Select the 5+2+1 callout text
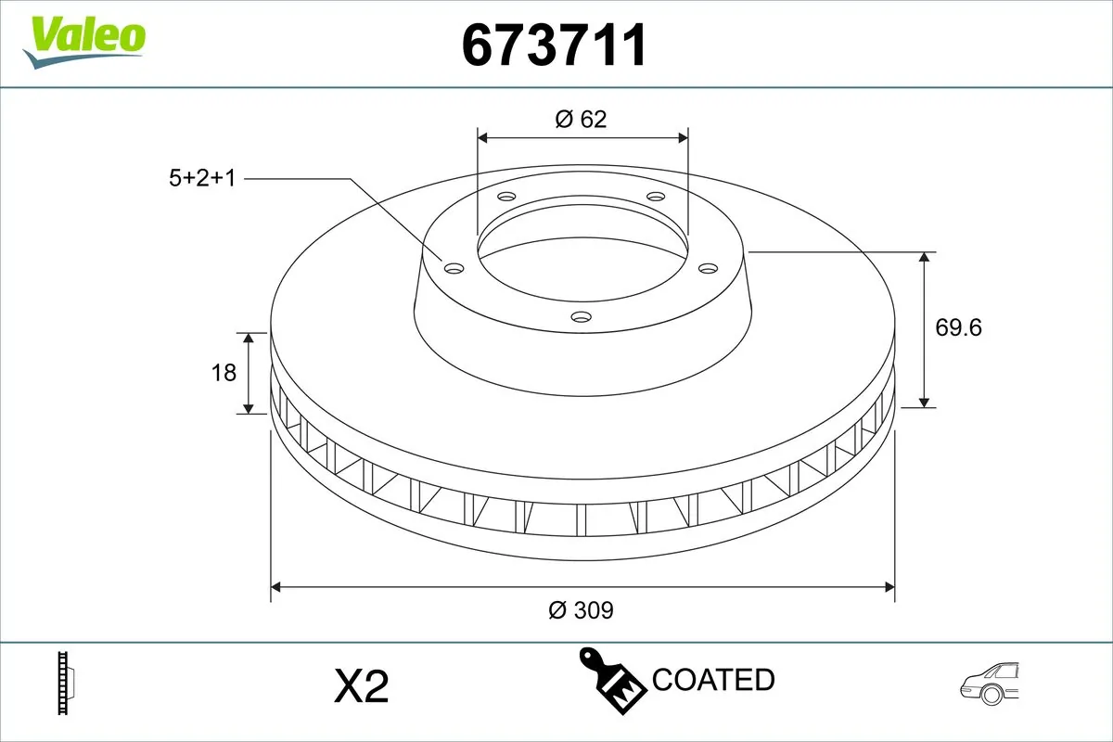(x=202, y=178)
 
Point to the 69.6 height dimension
(x=958, y=327)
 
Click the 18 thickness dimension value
(x=224, y=372)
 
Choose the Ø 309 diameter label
(x=582, y=609)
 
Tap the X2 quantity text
(x=360, y=686)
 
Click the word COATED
(x=713, y=680)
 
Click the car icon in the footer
(x=991, y=684)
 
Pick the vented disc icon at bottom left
(x=65, y=684)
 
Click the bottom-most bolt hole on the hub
(x=582, y=317)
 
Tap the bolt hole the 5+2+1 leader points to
(x=454, y=268)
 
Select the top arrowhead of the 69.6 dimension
(x=925, y=258)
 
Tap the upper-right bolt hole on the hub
(x=657, y=197)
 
